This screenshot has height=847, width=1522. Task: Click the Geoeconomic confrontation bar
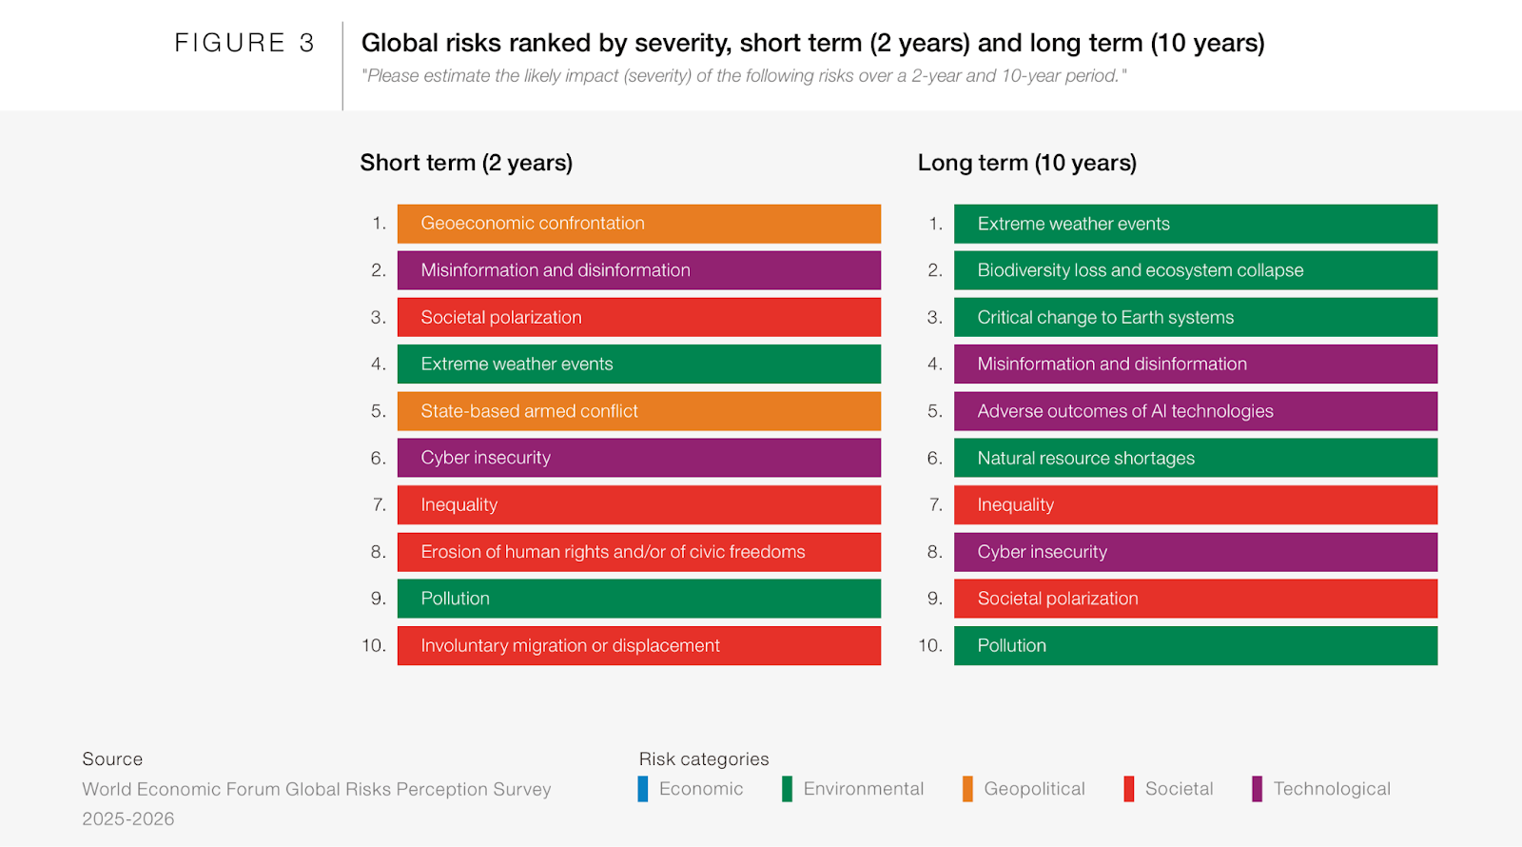pos(638,224)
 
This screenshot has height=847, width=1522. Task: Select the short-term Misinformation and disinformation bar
pos(638,270)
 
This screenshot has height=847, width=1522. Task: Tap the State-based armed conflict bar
pos(638,411)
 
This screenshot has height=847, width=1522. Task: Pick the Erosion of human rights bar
pos(638,552)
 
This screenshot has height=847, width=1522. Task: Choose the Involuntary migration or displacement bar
pos(638,645)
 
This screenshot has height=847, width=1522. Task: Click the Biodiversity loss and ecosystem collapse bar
pos(1195,270)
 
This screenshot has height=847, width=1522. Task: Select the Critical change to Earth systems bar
pos(1195,317)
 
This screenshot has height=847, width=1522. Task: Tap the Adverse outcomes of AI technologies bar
pos(1195,411)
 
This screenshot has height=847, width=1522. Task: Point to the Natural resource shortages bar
pos(1195,458)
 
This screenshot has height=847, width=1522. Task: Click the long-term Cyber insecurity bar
pos(1195,552)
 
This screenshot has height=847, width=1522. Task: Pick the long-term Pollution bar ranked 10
pos(1195,645)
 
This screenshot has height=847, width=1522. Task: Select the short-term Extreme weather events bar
pos(638,364)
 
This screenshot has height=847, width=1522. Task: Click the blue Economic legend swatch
pos(643,789)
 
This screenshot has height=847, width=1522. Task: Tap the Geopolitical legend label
pos(1034,789)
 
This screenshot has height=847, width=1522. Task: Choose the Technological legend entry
pos(1331,789)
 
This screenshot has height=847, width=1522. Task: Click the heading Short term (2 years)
pos(466,163)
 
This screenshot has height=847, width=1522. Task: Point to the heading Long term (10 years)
pos(1026,163)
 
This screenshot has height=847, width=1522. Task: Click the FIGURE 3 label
pos(244,43)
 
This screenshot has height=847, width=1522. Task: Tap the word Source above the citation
pos(112,758)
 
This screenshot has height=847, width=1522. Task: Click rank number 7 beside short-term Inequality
pos(379,504)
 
